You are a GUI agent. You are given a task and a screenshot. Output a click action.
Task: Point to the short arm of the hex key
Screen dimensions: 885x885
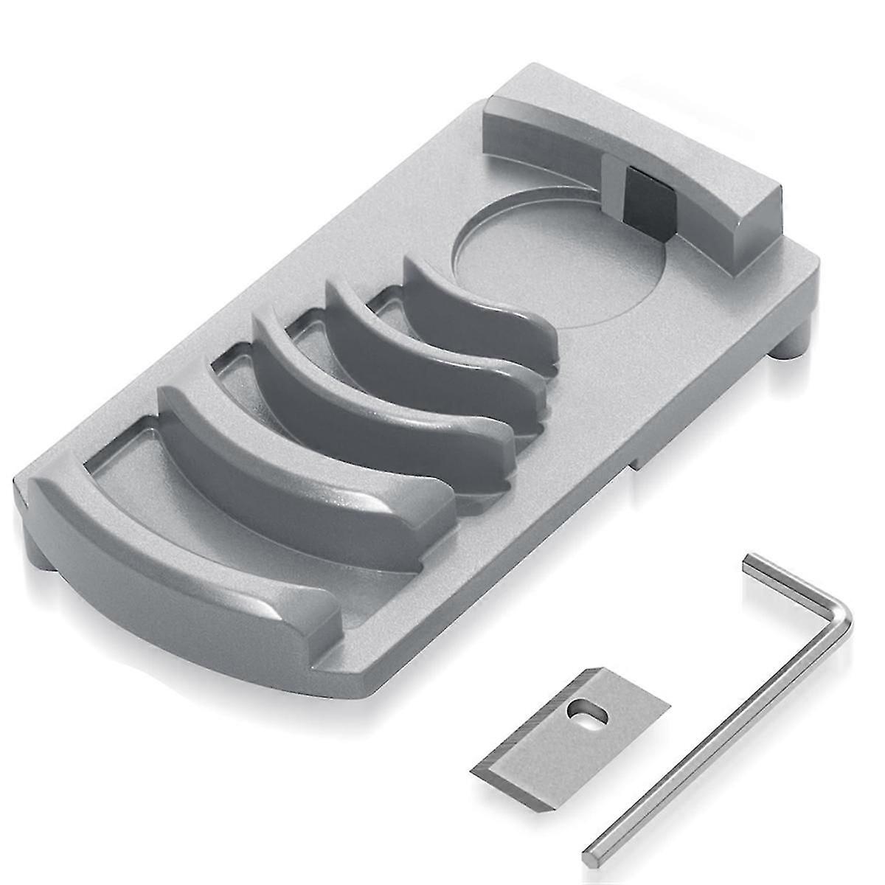click(x=793, y=583)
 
